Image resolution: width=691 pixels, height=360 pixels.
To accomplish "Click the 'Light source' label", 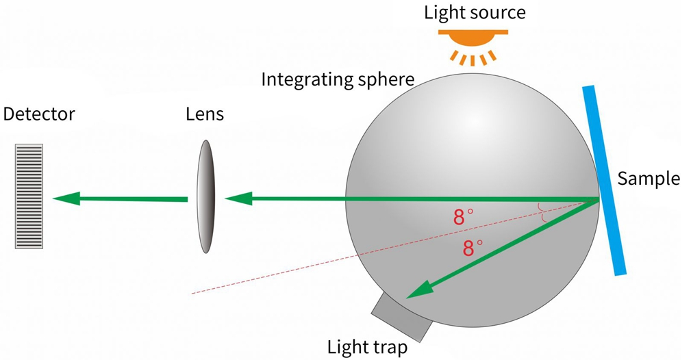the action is tap(475, 13).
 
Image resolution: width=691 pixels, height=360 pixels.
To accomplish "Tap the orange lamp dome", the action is tap(473, 40).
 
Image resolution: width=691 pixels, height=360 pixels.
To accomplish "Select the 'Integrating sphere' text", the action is tap(338, 80).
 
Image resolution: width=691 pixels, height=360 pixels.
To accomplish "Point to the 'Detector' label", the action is tap(39, 114).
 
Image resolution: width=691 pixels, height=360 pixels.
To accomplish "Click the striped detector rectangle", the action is tap(29, 196).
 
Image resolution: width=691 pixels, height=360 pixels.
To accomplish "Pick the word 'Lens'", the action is tap(205, 114).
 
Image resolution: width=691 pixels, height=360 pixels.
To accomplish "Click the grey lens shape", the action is tap(206, 196).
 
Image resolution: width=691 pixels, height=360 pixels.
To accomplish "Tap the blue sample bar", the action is tap(604, 180).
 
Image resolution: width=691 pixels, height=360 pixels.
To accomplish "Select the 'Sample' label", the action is tap(649, 179).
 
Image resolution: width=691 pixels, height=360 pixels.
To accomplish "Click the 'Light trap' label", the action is tap(367, 347).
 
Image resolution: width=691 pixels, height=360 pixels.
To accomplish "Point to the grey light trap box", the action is tap(401, 318).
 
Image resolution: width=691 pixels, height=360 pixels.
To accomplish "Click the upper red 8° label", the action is tap(463, 217).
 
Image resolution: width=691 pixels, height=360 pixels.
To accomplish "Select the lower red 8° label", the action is tap(473, 248).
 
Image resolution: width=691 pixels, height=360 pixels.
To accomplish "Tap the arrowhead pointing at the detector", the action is tap(66, 198).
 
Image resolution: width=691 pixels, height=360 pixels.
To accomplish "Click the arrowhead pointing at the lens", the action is tap(238, 198).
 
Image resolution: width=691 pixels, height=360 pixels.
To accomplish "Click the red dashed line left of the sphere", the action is tap(275, 274).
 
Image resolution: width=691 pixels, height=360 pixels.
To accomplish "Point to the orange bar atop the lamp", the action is tap(473, 32).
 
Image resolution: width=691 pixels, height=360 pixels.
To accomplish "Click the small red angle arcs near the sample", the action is tap(542, 213).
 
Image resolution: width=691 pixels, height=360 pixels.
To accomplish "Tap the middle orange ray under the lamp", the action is tap(473, 60).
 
